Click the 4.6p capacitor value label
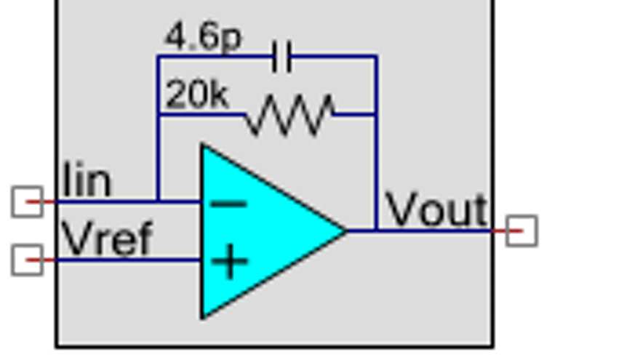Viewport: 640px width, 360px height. coord(203,36)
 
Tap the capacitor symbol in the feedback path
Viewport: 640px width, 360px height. coord(281,56)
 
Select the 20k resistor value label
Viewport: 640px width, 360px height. coord(196,95)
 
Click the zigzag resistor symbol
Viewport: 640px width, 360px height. coord(289,115)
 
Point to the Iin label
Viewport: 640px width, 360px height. coord(87,181)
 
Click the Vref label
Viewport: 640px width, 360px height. coord(107,238)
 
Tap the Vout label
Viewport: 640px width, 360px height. coord(436,210)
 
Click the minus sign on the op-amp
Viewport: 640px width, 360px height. coord(228,204)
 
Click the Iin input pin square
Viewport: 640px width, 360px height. coord(27,201)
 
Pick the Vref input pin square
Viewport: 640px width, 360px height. coord(27,260)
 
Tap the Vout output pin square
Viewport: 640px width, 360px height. coord(521,231)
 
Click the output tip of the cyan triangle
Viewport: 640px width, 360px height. coord(345,231)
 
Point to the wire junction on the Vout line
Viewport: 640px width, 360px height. coord(376,231)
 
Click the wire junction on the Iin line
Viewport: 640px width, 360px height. coord(158,201)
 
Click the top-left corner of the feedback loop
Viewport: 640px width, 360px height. coord(158,56)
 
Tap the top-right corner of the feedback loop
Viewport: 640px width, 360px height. coord(376,56)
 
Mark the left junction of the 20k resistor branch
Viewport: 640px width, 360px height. coord(158,114)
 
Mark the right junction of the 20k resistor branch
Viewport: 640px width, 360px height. coord(376,114)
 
